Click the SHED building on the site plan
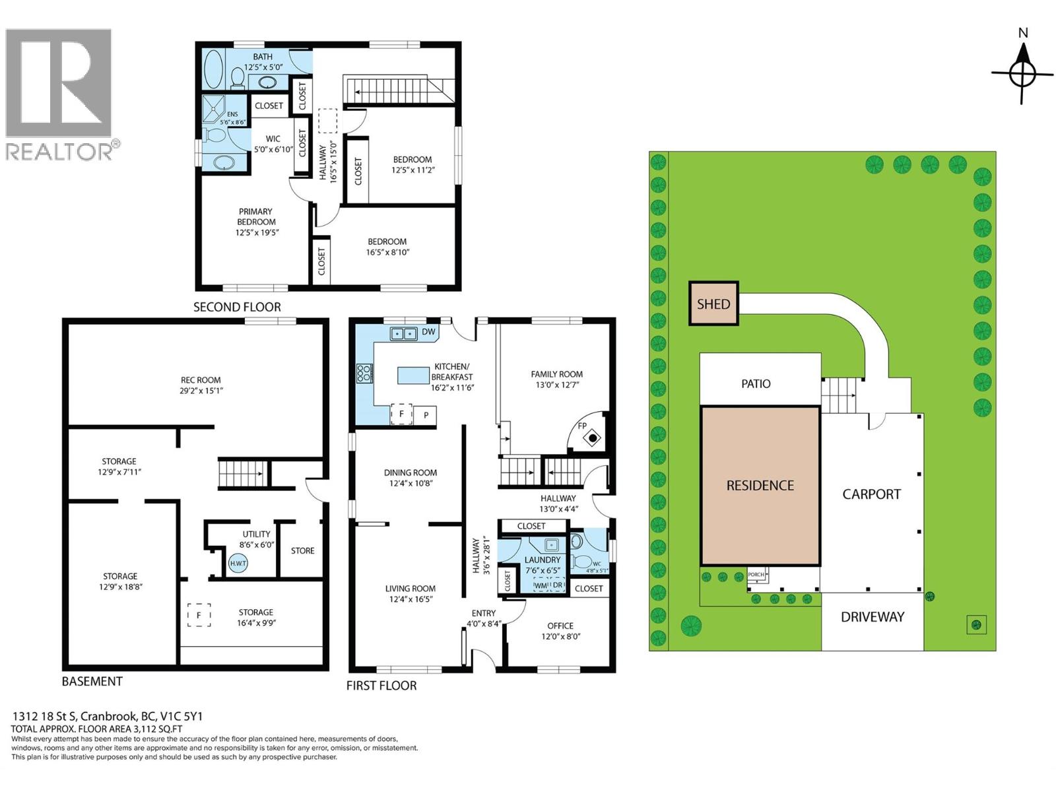(x=713, y=304)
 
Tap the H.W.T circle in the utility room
(x=238, y=563)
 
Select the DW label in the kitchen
(x=428, y=331)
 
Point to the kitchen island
(x=413, y=375)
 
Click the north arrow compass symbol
(x=1022, y=73)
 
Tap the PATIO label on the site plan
(x=756, y=383)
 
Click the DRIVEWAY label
(x=873, y=617)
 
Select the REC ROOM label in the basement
(x=201, y=380)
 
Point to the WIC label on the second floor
(x=273, y=139)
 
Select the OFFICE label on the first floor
(x=560, y=626)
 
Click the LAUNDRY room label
(x=543, y=560)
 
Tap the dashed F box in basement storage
(x=199, y=615)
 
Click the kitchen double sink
(x=404, y=333)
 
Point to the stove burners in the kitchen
(x=363, y=373)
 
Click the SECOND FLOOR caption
(x=237, y=307)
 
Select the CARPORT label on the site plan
(x=871, y=494)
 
